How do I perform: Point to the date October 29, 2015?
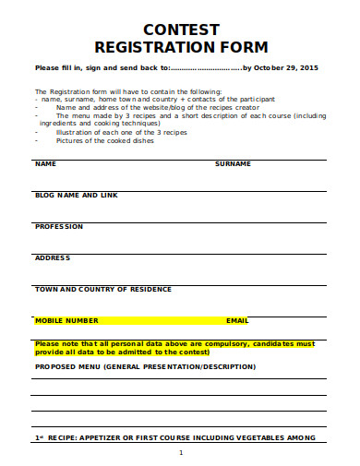coord(287,67)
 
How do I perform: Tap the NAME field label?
coord(45,163)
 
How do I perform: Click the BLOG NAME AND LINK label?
coord(77,195)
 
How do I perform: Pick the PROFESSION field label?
coord(59,226)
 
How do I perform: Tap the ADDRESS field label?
coord(53,257)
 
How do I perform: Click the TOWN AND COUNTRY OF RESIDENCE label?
coord(103,289)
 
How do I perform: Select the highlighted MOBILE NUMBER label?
coord(66,320)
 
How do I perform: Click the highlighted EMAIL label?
coord(237,320)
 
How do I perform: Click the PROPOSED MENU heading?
coord(145,366)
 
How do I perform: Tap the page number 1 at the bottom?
coord(181,452)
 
